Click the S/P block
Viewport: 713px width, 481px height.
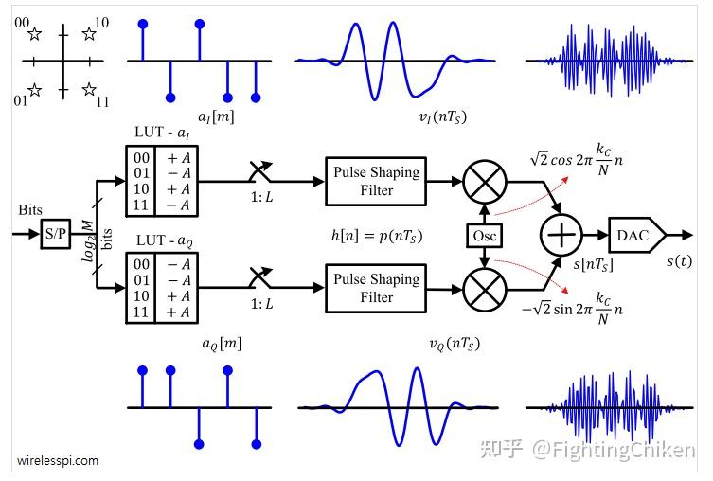pos(56,233)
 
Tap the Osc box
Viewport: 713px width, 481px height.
pos(483,234)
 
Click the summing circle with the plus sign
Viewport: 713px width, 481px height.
pos(560,233)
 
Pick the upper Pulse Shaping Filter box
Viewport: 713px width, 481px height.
pos(376,181)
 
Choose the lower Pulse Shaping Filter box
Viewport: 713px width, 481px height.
pos(376,288)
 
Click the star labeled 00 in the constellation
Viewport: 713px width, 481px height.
pos(35,35)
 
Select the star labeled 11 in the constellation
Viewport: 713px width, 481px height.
pos(89,90)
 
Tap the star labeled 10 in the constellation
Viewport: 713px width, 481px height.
pos(89,35)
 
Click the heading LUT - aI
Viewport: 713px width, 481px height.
pos(167,135)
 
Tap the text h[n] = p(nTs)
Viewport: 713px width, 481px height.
pos(376,235)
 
